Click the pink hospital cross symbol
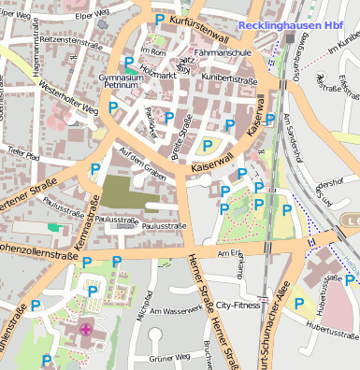(x=86, y=328)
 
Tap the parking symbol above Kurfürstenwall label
(x=160, y=19)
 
